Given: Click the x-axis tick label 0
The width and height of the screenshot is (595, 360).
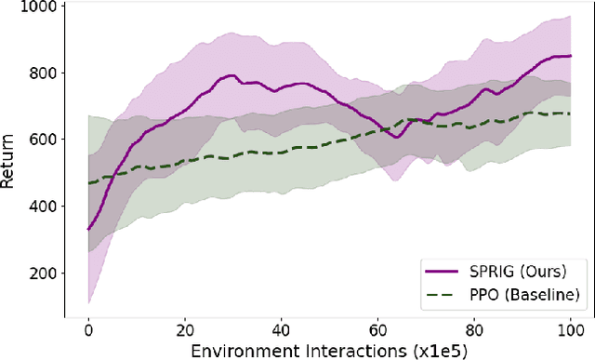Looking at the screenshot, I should pyautogui.click(x=88, y=327).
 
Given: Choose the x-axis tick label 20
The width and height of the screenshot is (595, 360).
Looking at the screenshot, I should pyautogui.click(x=184, y=327).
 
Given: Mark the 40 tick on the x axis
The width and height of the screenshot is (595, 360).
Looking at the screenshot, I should pyautogui.click(x=281, y=327).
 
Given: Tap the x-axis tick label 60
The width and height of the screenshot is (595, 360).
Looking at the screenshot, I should pyautogui.click(x=377, y=327).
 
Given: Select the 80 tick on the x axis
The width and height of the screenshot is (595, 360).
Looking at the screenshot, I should pyautogui.click(x=473, y=327).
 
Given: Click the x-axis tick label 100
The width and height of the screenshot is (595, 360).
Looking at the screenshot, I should pyautogui.click(x=570, y=327).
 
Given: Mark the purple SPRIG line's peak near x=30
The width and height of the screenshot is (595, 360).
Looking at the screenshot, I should pyautogui.click(x=231, y=75).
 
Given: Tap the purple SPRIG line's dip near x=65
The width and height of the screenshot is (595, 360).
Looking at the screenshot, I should pyautogui.click(x=397, y=137).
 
